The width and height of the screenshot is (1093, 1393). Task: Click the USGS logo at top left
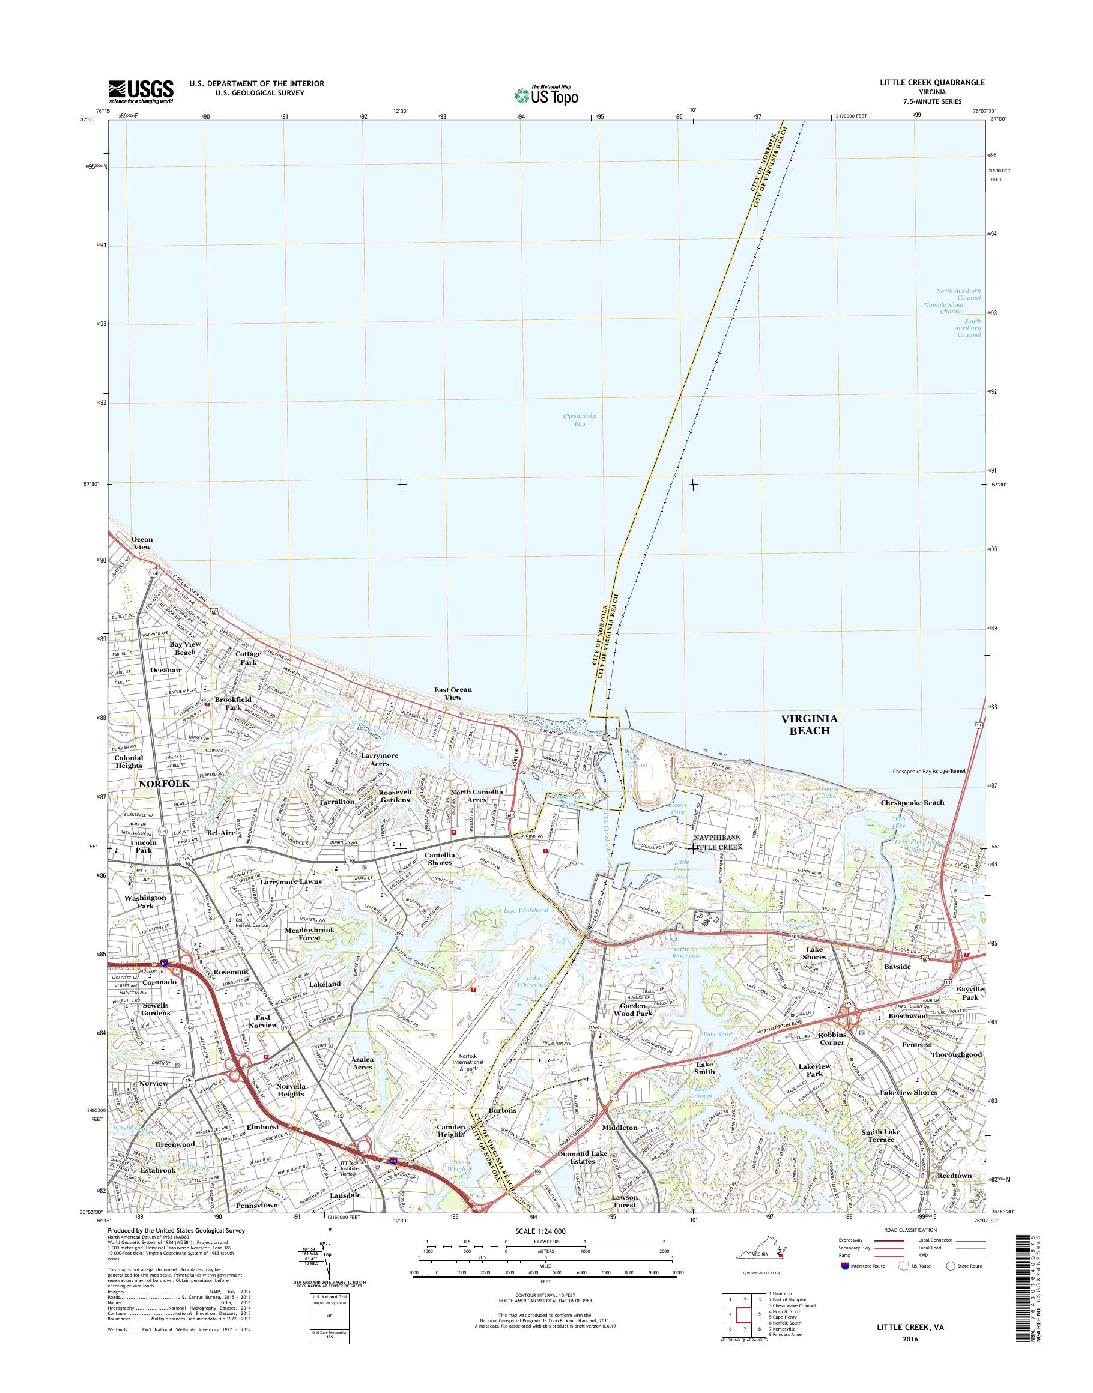coord(141,92)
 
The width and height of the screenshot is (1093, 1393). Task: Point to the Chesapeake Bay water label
coord(579,420)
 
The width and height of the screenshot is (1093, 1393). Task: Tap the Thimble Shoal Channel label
coord(943,309)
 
